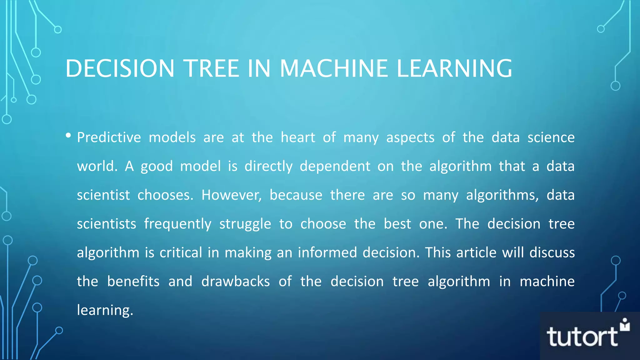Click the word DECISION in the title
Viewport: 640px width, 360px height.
point(120,68)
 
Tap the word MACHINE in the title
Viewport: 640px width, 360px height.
point(334,68)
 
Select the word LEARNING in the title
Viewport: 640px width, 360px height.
point(454,68)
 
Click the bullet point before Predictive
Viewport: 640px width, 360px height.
point(68,136)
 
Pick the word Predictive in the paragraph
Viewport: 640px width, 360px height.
point(109,137)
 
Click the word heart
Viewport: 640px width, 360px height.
point(298,137)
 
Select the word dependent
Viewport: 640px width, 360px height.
point(335,167)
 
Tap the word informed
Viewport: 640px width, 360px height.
point(327,252)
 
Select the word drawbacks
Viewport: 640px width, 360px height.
point(235,282)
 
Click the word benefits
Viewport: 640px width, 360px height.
point(133,282)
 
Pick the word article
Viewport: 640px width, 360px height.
point(476,252)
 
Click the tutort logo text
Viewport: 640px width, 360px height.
point(582,337)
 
